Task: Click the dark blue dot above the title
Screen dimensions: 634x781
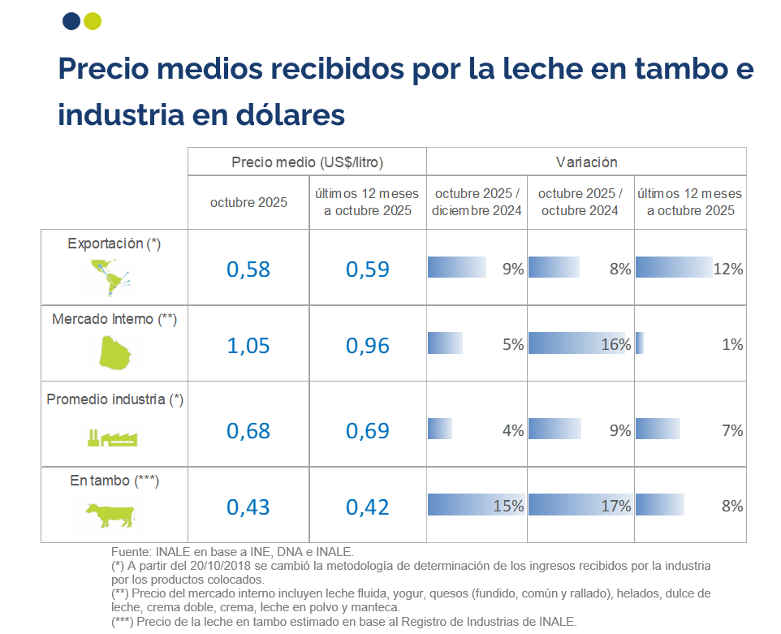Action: pos(71,20)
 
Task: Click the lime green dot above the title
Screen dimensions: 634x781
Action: pos(93,20)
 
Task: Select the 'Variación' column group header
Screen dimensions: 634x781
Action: pos(586,162)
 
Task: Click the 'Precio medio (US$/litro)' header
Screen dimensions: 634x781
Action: pos(307,162)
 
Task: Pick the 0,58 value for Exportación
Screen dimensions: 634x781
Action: pos(248,270)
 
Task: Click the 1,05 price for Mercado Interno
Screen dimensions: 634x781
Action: pos(248,346)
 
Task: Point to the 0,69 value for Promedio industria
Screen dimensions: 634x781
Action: pos(368,430)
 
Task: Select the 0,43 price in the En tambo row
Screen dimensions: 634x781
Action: pos(248,507)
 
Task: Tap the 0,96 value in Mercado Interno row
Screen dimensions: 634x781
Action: pos(368,346)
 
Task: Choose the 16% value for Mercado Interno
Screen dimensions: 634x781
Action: pos(615,344)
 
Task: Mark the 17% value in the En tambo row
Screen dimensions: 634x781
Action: pos(615,507)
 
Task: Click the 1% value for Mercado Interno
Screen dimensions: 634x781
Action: pos(732,344)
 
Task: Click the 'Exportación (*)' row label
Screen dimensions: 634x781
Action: pos(114,243)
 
